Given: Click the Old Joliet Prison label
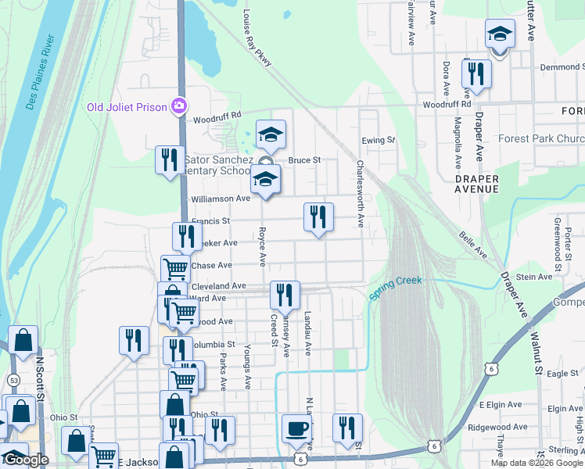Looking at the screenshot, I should pyautogui.click(x=128, y=107).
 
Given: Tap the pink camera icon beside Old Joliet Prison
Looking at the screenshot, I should pyautogui.click(x=180, y=105).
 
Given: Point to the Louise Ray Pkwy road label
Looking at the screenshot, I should pyautogui.click(x=257, y=38).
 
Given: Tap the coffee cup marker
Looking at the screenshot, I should pyautogui.click(x=296, y=428).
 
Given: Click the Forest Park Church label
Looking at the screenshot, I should pyautogui.click(x=540, y=139).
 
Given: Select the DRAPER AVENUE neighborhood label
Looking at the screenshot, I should pyautogui.click(x=476, y=184).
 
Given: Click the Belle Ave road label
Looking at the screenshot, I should pyautogui.click(x=474, y=245).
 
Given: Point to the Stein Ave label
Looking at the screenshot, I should pyautogui.click(x=534, y=277).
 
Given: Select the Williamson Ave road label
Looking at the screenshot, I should pyautogui.click(x=221, y=199).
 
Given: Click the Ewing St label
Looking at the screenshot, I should pyautogui.click(x=379, y=140).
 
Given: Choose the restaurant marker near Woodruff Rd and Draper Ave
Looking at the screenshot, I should pyautogui.click(x=476, y=74).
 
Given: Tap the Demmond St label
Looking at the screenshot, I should pyautogui.click(x=557, y=68).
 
